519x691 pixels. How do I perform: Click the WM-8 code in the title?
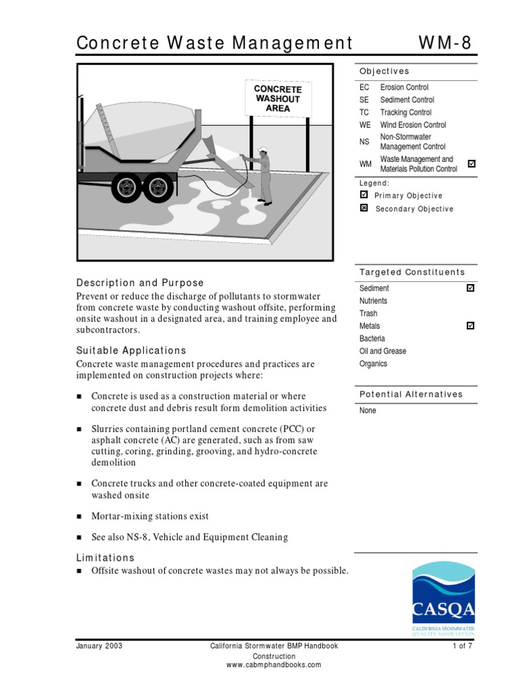click(x=445, y=43)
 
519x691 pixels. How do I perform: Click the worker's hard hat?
click(x=263, y=150)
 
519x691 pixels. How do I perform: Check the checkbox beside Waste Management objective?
click(x=471, y=164)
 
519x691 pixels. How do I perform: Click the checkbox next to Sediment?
click(x=471, y=288)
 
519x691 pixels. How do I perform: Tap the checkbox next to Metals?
click(x=471, y=326)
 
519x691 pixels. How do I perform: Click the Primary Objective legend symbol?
click(x=364, y=195)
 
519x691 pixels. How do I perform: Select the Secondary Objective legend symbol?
click(x=364, y=209)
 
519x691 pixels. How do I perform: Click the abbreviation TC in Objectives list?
click(x=365, y=113)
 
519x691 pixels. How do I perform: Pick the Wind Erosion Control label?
click(x=413, y=125)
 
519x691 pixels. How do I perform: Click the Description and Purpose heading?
click(x=140, y=283)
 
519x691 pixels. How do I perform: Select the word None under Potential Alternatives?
click(x=368, y=410)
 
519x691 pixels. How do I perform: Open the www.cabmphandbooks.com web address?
click(x=274, y=665)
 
